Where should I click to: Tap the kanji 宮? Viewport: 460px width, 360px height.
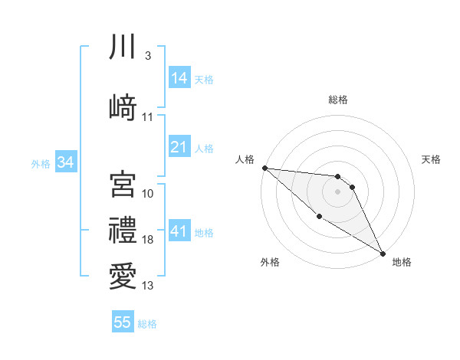tap(123, 184)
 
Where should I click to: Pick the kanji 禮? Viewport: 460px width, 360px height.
tap(123, 230)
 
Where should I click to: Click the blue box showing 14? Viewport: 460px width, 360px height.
tap(179, 78)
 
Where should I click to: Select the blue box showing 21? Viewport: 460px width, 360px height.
tap(179, 147)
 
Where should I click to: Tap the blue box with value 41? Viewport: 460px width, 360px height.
tap(179, 231)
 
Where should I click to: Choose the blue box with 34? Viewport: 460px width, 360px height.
tap(66, 162)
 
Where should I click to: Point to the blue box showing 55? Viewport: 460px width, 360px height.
tap(123, 322)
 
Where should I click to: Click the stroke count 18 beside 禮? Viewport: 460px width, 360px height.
tap(148, 241)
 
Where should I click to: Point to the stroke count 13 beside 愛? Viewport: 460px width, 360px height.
tap(148, 286)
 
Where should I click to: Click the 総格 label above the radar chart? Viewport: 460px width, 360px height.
tap(338, 100)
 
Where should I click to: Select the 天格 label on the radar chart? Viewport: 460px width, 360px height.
tap(432, 159)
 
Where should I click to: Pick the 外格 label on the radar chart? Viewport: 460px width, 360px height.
tap(270, 262)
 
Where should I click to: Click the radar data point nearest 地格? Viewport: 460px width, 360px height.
tap(383, 253)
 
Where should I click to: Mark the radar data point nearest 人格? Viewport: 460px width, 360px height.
tap(264, 167)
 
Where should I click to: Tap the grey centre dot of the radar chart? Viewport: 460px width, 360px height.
tap(338, 191)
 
